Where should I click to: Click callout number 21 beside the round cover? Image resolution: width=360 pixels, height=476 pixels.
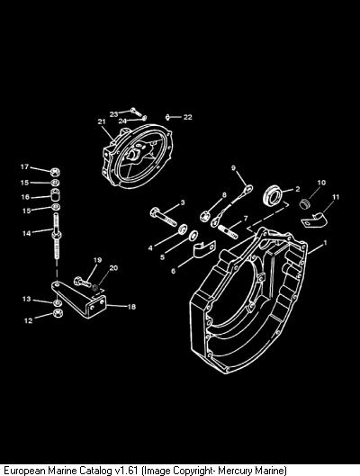click(x=102, y=121)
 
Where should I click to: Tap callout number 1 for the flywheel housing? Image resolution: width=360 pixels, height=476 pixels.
click(x=325, y=243)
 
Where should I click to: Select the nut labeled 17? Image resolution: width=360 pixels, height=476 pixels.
click(x=55, y=172)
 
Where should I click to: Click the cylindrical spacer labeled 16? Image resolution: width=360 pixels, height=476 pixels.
click(x=55, y=194)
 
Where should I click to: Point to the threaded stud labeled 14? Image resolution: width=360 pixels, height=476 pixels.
click(x=57, y=236)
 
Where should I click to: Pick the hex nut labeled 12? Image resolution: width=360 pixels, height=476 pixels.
click(x=58, y=313)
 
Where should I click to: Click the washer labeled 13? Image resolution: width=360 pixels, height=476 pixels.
click(x=57, y=303)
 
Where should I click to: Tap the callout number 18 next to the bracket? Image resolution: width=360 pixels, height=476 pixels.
click(x=131, y=307)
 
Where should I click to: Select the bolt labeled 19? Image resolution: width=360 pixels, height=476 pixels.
click(x=82, y=282)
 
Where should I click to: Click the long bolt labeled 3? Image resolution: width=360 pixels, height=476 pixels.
click(x=163, y=216)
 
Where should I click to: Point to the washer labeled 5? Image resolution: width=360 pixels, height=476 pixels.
click(x=193, y=235)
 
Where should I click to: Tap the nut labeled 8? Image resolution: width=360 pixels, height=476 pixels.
click(x=204, y=217)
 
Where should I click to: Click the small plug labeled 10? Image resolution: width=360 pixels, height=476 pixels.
click(x=304, y=203)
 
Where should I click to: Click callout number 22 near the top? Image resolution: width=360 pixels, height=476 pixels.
click(x=188, y=117)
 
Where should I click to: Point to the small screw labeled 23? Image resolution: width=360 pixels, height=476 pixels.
click(x=136, y=112)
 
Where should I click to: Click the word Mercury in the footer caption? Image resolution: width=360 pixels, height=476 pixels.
click(x=235, y=471)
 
